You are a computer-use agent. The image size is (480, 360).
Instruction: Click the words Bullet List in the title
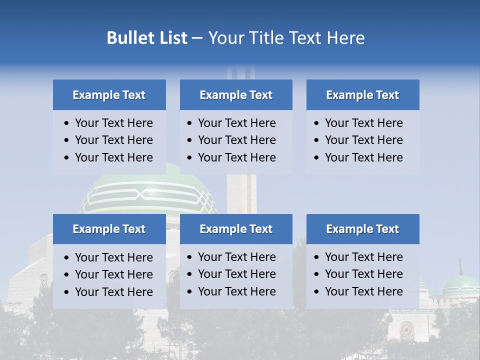tap(147, 38)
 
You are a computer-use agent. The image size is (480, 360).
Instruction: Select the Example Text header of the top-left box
tap(109, 95)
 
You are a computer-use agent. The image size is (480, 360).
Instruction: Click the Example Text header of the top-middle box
tap(236, 95)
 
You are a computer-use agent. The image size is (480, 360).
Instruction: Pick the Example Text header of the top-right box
tap(362, 95)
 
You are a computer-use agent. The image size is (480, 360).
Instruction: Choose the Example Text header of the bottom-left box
tap(109, 229)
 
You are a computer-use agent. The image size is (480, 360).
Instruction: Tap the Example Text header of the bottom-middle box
tap(236, 229)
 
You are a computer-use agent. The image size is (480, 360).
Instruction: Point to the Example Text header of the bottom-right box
tap(362, 229)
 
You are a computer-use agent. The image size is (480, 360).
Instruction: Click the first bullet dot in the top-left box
tap(67, 123)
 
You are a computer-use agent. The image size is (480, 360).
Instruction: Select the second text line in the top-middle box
tap(236, 140)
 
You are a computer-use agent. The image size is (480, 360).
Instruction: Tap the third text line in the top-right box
tap(363, 157)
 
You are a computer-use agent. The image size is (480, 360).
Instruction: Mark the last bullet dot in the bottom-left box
tap(67, 292)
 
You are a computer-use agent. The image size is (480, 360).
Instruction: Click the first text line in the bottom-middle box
tap(236, 257)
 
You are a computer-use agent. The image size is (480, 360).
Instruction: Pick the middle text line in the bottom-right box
tap(363, 274)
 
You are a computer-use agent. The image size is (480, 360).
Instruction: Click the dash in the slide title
tap(197, 38)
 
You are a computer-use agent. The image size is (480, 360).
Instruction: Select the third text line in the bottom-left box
tap(113, 291)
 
